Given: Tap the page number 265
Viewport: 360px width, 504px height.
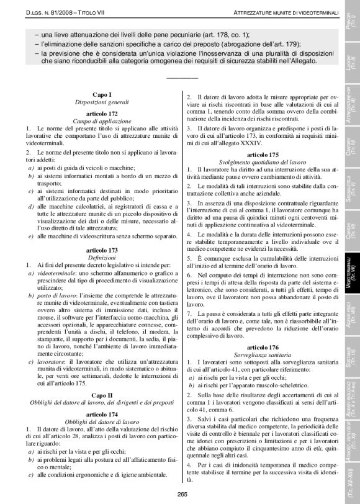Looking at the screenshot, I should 182,493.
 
